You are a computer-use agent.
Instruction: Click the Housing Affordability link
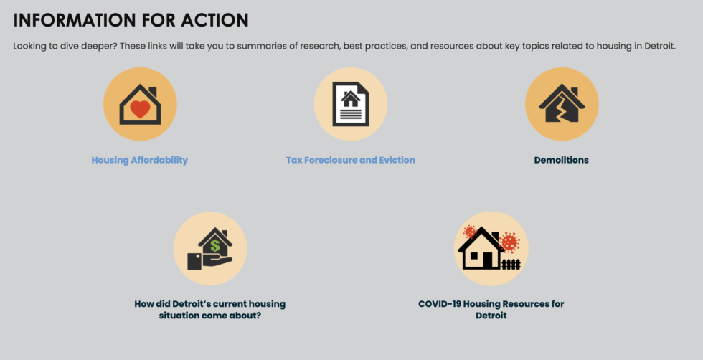click(x=139, y=160)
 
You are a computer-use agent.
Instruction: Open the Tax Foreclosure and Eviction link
click(x=350, y=160)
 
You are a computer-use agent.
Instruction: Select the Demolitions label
click(x=561, y=160)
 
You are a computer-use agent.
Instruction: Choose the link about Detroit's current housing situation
click(x=209, y=309)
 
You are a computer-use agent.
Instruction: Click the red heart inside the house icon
click(x=140, y=109)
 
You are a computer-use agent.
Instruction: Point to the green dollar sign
click(x=215, y=245)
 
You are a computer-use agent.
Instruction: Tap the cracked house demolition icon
click(x=562, y=104)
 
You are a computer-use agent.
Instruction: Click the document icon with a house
click(x=351, y=104)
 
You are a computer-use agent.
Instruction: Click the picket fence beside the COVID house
click(x=511, y=264)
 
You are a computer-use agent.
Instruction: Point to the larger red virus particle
click(x=509, y=242)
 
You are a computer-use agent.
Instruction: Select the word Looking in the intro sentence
click(x=30, y=46)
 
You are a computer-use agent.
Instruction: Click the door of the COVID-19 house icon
click(x=488, y=261)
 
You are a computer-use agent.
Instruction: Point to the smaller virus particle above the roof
click(x=471, y=231)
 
